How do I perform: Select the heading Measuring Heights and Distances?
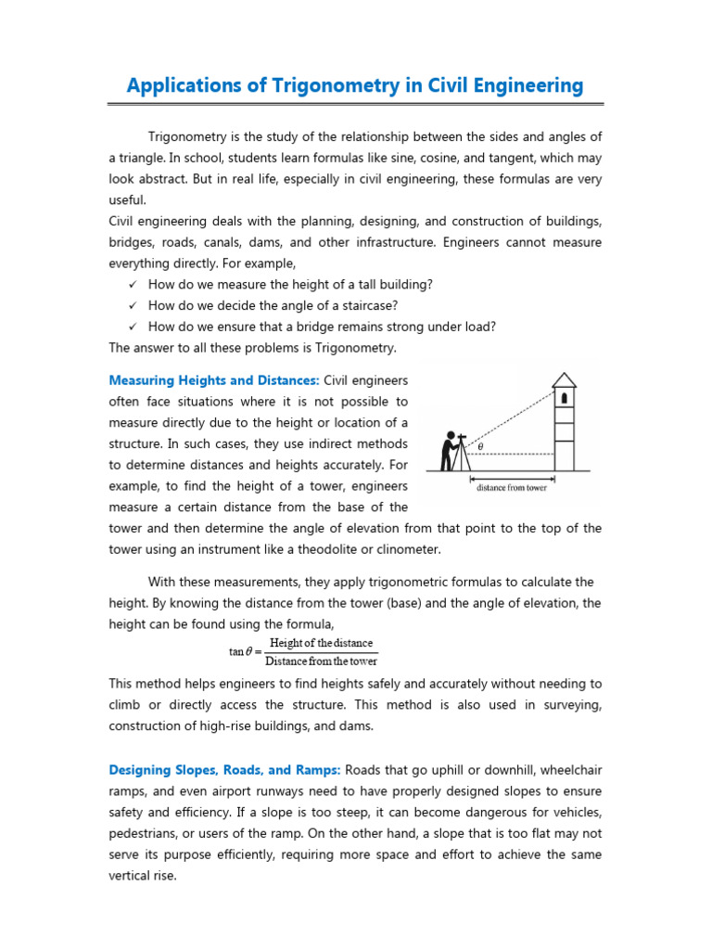[x=214, y=380]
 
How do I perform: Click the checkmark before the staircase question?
[x=133, y=305]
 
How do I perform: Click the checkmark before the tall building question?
[x=133, y=284]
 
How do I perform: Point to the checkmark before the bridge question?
[x=133, y=327]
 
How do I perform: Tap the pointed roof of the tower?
[x=564, y=379]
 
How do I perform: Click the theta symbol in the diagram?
[x=479, y=446]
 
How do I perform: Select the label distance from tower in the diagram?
[x=511, y=487]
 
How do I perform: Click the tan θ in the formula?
[x=242, y=651]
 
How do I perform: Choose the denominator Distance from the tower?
[x=321, y=661]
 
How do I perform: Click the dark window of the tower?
[x=563, y=399]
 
